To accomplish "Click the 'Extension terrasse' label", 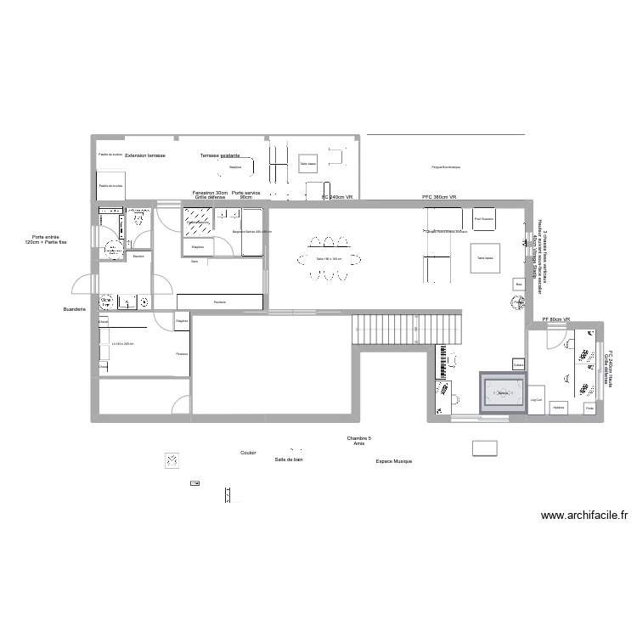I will click(x=145, y=157).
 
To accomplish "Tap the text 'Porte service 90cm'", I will click(x=246, y=195).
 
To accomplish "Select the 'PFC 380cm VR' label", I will click(x=439, y=197).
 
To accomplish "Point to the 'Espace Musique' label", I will click(x=393, y=462).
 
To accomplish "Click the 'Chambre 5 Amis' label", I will click(x=359, y=441).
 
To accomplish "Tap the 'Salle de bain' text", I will click(x=289, y=459).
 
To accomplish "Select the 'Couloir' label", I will click(x=248, y=454).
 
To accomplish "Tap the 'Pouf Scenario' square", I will click(x=484, y=219).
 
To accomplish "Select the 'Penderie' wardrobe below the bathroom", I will click(x=219, y=302).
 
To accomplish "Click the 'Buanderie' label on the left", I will click(x=75, y=309).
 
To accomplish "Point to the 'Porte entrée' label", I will click(x=47, y=240).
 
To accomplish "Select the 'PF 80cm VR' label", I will click(x=556, y=319).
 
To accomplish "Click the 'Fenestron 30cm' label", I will click(x=210, y=193).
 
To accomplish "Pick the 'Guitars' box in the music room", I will click(x=518, y=365).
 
